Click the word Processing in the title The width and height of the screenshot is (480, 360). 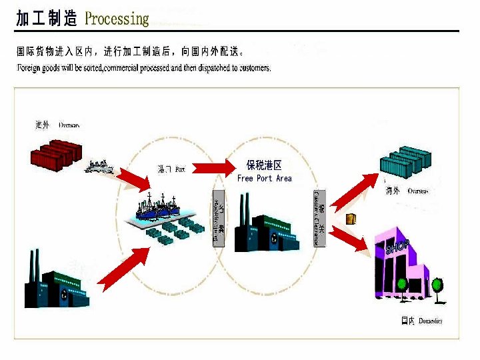click(x=117, y=18)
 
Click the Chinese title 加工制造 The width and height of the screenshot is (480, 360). click(x=47, y=19)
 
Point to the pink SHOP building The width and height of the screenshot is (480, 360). click(x=403, y=267)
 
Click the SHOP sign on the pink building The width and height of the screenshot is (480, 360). click(x=397, y=247)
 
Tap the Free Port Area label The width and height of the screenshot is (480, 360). click(x=264, y=179)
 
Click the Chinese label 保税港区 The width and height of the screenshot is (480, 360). click(x=264, y=165)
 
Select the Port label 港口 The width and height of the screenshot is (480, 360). click(x=171, y=169)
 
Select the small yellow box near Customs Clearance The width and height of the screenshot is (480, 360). click(x=351, y=218)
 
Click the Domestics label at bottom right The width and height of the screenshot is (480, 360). click(x=423, y=321)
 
